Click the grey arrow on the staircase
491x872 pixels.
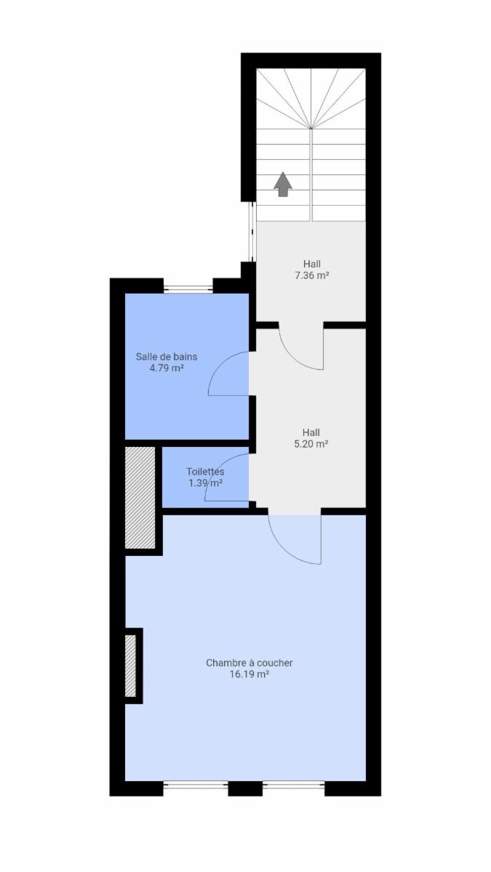pyautogui.click(x=283, y=184)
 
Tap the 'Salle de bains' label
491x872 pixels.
pyautogui.click(x=167, y=357)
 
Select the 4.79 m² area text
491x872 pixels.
pyautogui.click(x=167, y=368)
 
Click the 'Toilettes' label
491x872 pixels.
pyautogui.click(x=205, y=472)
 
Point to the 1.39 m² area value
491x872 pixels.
pyautogui.click(x=206, y=483)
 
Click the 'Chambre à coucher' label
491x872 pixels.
pyautogui.click(x=250, y=663)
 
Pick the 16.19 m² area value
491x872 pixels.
pyautogui.click(x=250, y=674)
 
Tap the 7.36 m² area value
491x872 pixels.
pyautogui.click(x=311, y=275)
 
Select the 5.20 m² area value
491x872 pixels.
pyautogui.click(x=311, y=444)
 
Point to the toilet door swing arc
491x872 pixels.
pyautogui.click(x=217, y=466)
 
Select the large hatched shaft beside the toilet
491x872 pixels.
pyautogui.click(x=140, y=498)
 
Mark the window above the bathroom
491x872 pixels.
pyautogui.click(x=188, y=289)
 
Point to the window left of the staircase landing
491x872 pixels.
pyautogui.click(x=252, y=232)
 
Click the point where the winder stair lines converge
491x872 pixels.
pyautogui.click(x=311, y=128)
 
